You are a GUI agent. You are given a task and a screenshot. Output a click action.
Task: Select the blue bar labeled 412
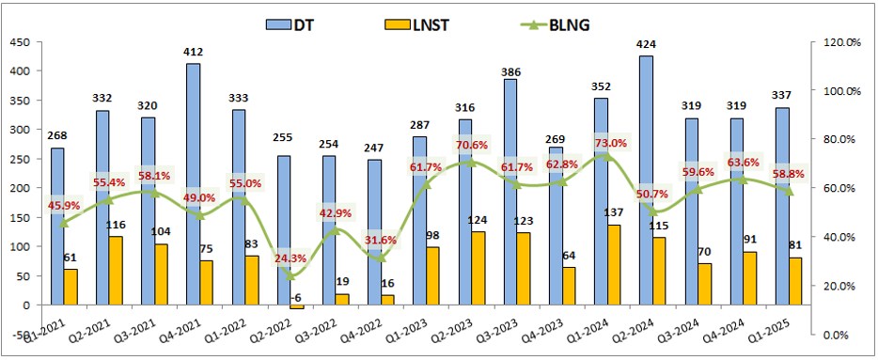[x=193, y=184]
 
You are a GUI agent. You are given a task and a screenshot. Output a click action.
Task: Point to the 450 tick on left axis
[x=19, y=41]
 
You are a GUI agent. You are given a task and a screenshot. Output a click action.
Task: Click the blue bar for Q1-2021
[x=57, y=227]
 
